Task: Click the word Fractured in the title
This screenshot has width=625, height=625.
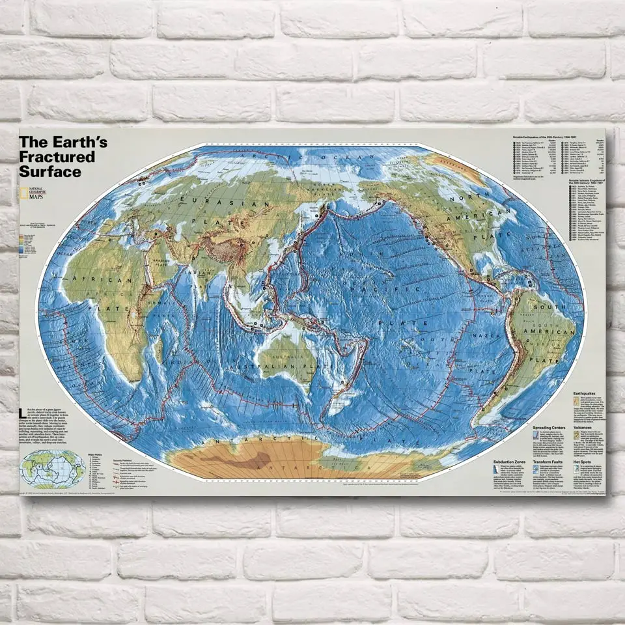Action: tap(57, 157)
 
